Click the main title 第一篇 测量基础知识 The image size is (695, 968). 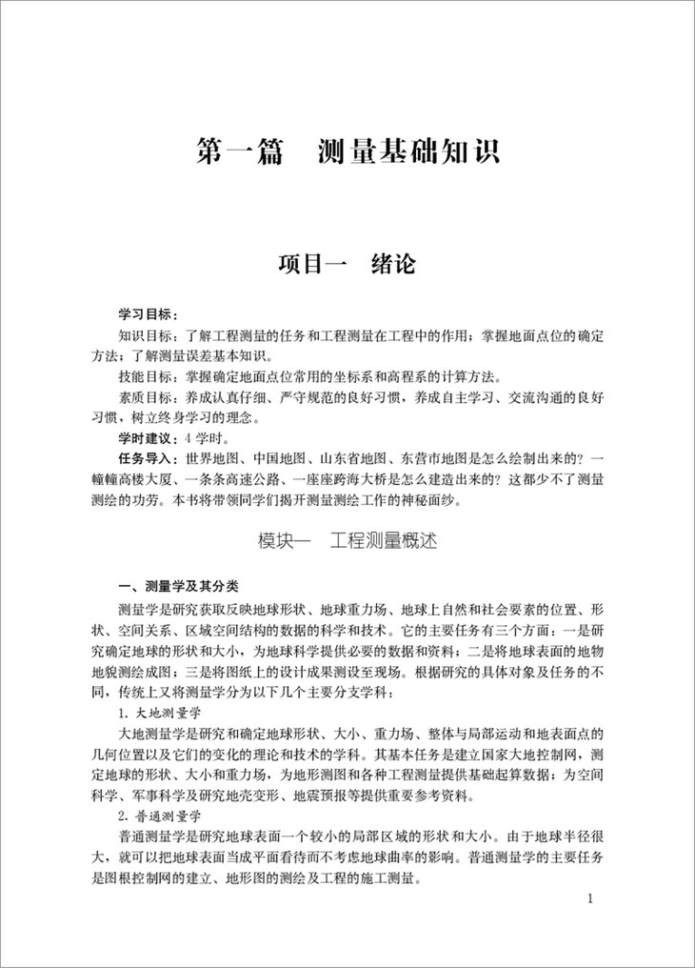pyautogui.click(x=347, y=152)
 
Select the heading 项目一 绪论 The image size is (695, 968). pyautogui.click(x=347, y=264)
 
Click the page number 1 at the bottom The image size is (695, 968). pyautogui.click(x=592, y=898)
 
